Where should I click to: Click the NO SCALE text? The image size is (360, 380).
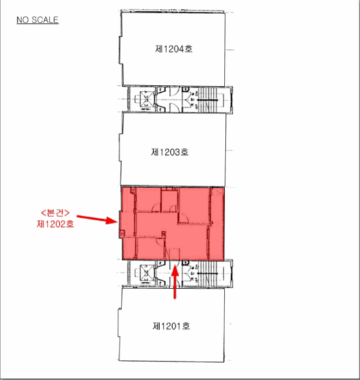tap(37, 20)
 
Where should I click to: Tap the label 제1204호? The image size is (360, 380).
tap(174, 49)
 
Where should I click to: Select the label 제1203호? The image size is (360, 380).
tap(170, 152)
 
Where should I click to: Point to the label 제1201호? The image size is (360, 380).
tap(171, 326)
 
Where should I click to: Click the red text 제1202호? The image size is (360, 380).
tap(55, 224)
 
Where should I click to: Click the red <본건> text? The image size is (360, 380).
tap(55, 213)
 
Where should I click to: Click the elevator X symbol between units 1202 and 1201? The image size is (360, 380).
tap(147, 273)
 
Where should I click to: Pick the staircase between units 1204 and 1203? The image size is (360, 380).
tap(207, 100)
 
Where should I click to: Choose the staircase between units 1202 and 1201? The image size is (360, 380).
tap(207, 274)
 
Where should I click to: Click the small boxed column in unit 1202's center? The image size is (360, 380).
tap(164, 234)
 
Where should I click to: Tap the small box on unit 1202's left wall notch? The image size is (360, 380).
tap(122, 234)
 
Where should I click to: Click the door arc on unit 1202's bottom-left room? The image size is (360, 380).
tap(160, 241)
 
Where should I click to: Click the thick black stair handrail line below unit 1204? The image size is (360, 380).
tap(207, 100)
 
